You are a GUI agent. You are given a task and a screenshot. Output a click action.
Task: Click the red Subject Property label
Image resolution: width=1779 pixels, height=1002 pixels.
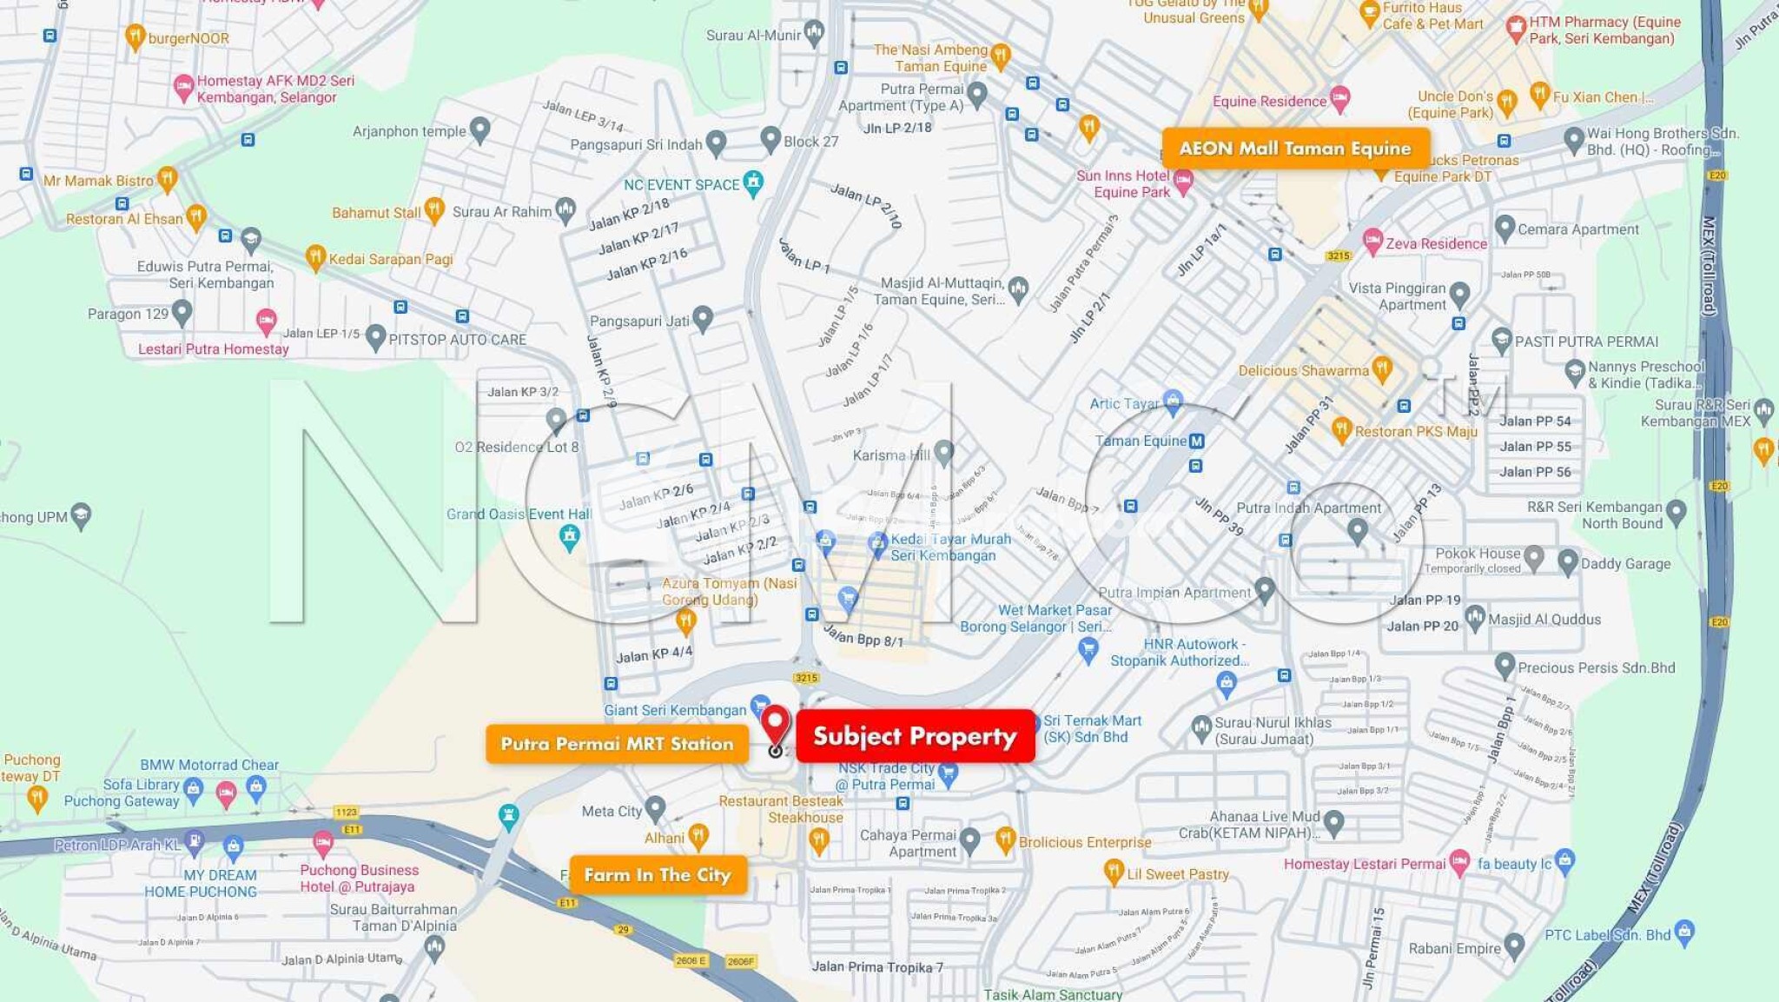coord(915,736)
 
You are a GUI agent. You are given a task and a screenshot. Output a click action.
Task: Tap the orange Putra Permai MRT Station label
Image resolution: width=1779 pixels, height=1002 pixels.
coord(617,744)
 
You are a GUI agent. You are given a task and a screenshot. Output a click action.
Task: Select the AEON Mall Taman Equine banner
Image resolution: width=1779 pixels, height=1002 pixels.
coord(1294,149)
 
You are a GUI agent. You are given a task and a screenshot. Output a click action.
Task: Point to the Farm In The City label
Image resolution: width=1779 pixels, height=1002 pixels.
coord(658,875)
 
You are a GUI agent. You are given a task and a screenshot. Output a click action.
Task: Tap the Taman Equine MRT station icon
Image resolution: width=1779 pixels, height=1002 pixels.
coord(1197,441)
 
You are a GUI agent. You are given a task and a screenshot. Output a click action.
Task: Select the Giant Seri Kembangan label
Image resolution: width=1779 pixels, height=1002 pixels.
coord(675,710)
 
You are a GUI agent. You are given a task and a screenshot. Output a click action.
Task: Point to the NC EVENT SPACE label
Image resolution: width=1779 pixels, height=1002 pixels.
coord(681,185)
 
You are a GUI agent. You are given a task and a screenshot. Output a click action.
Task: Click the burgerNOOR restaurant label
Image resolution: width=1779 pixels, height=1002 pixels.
coord(188,38)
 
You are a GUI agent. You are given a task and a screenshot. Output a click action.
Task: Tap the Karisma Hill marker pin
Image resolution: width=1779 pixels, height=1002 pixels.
coord(944,452)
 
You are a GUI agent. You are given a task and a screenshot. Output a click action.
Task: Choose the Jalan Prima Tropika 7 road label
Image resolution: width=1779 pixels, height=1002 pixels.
coord(876,967)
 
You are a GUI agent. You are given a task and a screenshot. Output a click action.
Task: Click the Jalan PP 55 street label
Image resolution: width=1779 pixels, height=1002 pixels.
coord(1535,447)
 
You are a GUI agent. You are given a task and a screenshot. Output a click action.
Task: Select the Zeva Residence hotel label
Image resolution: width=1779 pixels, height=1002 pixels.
coord(1436,244)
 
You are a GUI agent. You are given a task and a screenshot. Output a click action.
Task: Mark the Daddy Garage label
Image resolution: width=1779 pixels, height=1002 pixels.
coord(1625,564)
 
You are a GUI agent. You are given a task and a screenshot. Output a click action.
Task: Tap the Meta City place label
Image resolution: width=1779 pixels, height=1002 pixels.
coord(612,812)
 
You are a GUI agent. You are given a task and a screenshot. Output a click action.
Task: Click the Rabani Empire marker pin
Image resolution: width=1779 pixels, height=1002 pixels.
coord(1514,945)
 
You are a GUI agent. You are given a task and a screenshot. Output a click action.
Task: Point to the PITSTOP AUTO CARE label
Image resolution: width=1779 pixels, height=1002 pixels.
coord(457,340)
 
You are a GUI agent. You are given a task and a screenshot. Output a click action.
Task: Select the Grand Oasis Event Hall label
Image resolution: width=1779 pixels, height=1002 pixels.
coord(519,514)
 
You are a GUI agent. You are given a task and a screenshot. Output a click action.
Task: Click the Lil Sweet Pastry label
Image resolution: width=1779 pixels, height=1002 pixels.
coord(1177,874)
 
